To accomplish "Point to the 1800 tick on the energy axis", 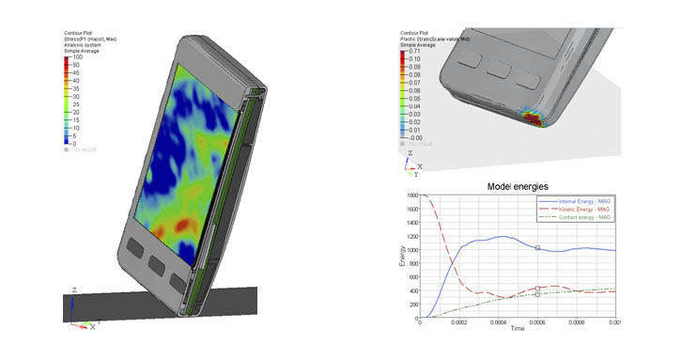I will (411, 196).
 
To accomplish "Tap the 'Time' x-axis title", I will (517, 329).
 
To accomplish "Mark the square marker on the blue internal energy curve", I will (537, 248).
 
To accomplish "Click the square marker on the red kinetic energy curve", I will (537, 289).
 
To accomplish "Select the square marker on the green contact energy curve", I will (537, 294).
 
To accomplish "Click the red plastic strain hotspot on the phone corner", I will (535, 120).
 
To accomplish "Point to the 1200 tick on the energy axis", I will (411, 236).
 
